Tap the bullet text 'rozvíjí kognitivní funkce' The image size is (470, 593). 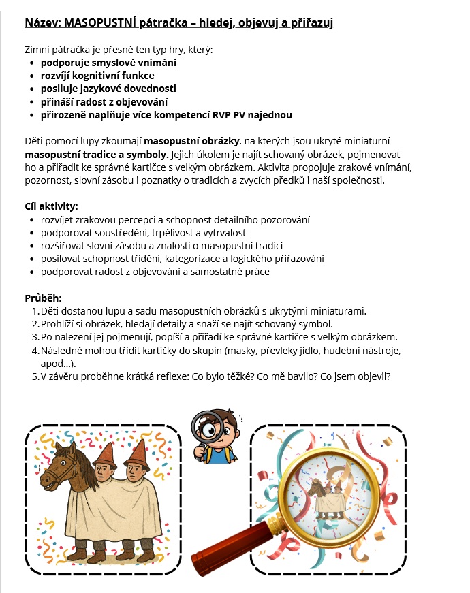[x=97, y=76]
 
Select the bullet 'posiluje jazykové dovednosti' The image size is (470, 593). [x=108, y=89]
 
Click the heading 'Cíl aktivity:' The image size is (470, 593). [x=51, y=206]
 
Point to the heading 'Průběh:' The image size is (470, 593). [x=43, y=298]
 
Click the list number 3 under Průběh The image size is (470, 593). [x=35, y=337]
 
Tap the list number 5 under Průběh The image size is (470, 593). [x=35, y=376]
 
